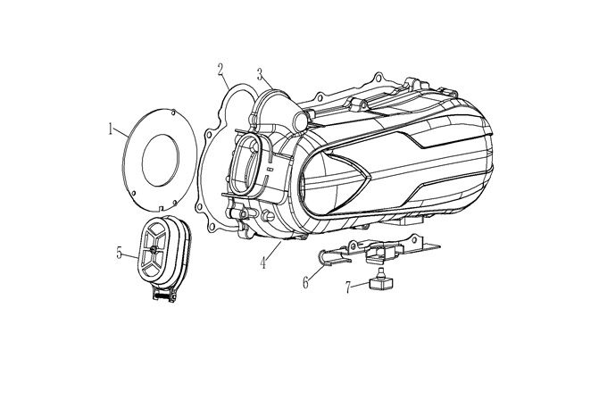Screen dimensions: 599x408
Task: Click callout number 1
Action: point(111,129)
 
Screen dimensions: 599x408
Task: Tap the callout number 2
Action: point(220,70)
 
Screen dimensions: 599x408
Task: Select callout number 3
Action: point(260,74)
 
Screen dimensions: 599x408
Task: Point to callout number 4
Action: point(263,262)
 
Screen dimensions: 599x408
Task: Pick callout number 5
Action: point(120,253)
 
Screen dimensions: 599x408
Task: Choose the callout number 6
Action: point(305,283)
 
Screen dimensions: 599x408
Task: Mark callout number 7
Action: point(348,287)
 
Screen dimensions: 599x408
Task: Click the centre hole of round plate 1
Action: point(161,161)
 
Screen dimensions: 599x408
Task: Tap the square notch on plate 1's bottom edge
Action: point(161,208)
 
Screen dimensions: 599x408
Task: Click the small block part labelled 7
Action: point(380,281)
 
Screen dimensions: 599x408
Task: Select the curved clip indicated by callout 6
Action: point(333,257)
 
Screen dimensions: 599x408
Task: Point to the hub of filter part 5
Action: point(154,249)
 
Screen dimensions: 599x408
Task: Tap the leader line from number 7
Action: point(361,285)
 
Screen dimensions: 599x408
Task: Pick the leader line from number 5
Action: point(130,255)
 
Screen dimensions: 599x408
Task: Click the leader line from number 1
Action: point(121,132)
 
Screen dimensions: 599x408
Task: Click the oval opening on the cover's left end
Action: point(245,164)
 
